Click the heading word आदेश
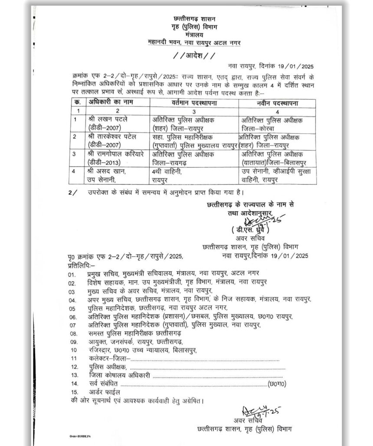tap(193, 56)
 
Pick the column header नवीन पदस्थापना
tap(277, 103)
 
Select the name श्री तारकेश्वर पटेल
tap(112, 136)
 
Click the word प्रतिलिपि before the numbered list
tap(80, 264)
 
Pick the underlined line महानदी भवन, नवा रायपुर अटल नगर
tap(193, 42)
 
